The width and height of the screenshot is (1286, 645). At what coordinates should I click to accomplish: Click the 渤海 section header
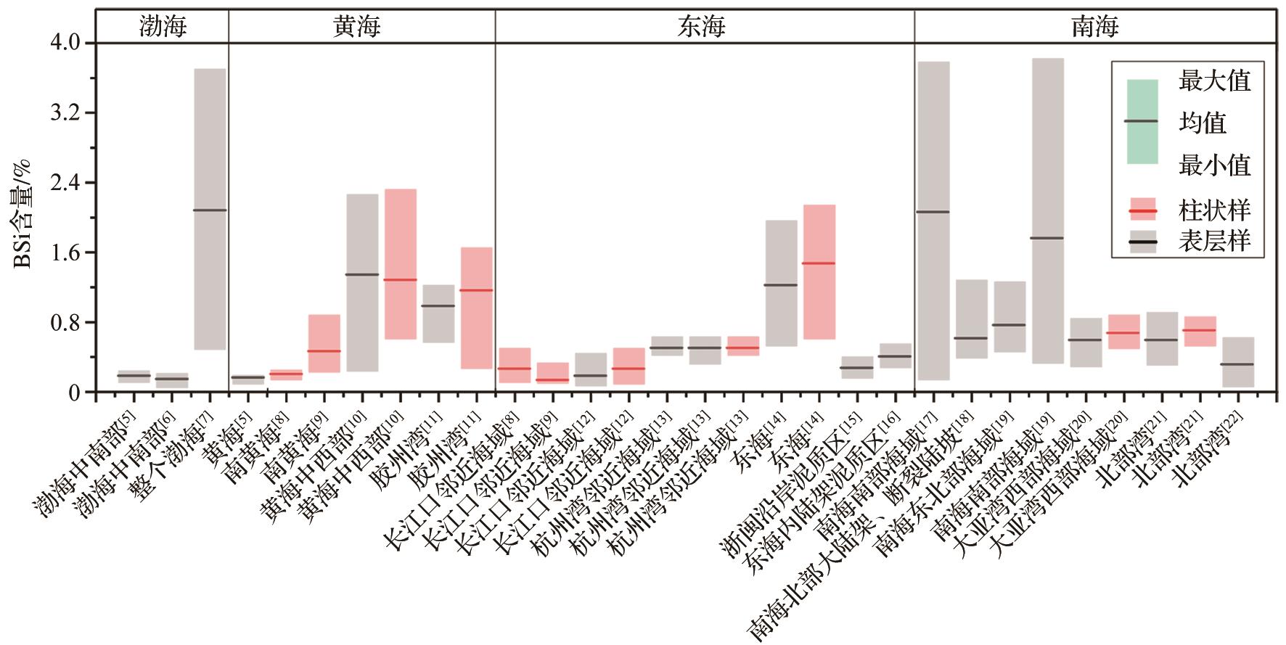(163, 27)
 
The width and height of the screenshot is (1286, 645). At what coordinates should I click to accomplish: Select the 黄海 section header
(357, 27)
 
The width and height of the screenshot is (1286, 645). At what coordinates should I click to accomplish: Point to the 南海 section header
(1094, 27)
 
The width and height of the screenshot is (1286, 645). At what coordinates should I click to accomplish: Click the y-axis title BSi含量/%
(22, 218)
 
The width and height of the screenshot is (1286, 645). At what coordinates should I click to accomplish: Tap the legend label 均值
(1203, 123)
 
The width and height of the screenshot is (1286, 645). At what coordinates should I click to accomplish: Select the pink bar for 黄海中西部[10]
(400, 264)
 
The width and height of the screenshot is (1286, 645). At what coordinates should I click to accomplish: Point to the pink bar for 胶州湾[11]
(476, 308)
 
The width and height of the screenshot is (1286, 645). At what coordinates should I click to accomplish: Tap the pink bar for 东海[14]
(819, 272)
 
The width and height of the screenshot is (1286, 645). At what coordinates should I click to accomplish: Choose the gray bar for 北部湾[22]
(1237, 362)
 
